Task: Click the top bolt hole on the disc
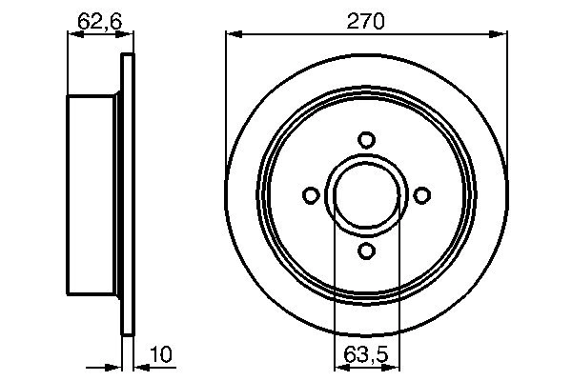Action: [x=366, y=140]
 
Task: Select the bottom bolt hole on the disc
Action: [x=366, y=251]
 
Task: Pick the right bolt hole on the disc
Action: [x=421, y=195]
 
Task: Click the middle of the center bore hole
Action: [x=366, y=195]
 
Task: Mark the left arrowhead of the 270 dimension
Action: [x=232, y=35]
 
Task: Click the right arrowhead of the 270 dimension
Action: [x=500, y=35]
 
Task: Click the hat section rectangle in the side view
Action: [x=95, y=195]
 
